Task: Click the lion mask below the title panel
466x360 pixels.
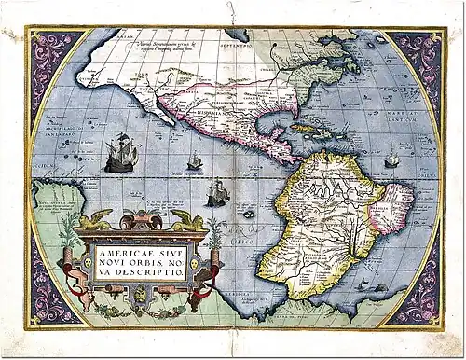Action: [141, 294]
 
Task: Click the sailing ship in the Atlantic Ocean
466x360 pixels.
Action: [391, 160]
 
